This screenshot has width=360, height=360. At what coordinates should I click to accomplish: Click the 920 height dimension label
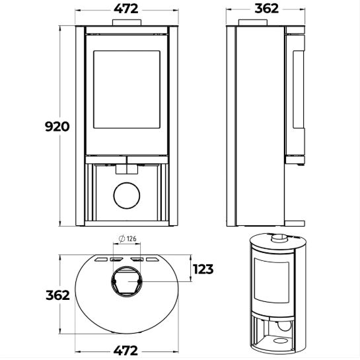click(x=57, y=127)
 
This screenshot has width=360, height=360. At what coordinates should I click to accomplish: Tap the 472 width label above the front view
click(x=126, y=9)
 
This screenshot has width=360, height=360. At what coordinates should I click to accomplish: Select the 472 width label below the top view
click(x=126, y=351)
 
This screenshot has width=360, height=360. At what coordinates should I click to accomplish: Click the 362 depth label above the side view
click(x=267, y=9)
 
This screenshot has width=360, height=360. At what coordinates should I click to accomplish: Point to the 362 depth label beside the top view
click(x=57, y=295)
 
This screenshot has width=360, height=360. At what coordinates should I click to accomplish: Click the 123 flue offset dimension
click(x=203, y=269)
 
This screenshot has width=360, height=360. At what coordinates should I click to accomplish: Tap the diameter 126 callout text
click(x=128, y=238)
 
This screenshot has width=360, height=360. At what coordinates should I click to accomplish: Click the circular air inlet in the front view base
click(x=127, y=196)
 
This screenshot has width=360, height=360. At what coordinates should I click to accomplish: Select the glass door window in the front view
click(x=127, y=89)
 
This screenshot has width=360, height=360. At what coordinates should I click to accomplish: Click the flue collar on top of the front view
click(x=127, y=22)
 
